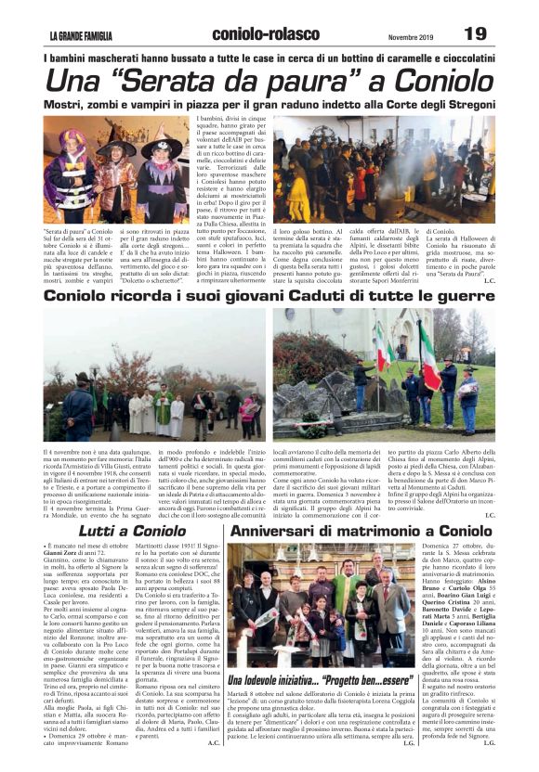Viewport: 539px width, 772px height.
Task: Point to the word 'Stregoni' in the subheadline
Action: click(453, 104)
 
